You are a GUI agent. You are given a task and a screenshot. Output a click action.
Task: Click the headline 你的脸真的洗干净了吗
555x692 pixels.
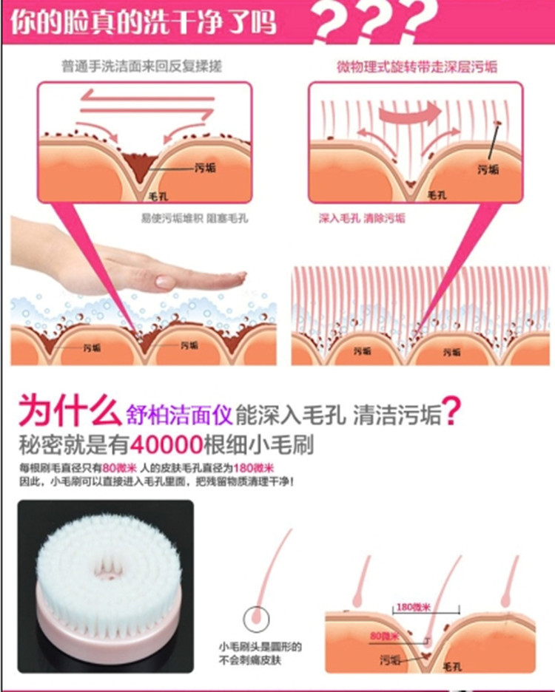coord(143,21)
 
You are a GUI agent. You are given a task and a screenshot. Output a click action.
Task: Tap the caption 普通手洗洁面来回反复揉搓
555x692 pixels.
coord(141,67)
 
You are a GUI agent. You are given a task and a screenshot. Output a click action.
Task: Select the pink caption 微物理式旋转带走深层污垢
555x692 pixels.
coord(417,67)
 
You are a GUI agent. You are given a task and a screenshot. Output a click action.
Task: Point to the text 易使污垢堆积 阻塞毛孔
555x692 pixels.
coord(195,218)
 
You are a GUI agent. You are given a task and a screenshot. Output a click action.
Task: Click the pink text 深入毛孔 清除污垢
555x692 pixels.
coord(362,218)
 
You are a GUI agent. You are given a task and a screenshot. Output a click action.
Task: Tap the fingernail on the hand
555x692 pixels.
coord(166,282)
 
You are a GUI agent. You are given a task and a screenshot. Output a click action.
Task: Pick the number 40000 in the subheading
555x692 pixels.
coord(166,445)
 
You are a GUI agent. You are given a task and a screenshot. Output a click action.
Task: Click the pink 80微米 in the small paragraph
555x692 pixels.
coord(119,468)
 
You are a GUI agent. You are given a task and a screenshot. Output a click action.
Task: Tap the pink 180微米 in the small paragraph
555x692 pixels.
coord(254,468)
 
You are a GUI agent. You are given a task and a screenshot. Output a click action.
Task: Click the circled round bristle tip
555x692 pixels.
coord(256,619)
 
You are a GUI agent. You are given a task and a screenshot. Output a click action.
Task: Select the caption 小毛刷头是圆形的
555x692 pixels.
coord(260,647)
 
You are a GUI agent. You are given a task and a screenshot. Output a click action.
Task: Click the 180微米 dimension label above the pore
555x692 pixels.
coord(414,607)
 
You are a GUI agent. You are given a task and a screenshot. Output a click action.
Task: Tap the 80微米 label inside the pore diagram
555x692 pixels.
coord(385,636)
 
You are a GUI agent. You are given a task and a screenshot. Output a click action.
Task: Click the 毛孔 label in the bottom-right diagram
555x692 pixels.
coord(451,666)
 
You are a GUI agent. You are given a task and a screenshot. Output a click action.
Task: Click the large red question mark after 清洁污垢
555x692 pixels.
coord(452,411)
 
